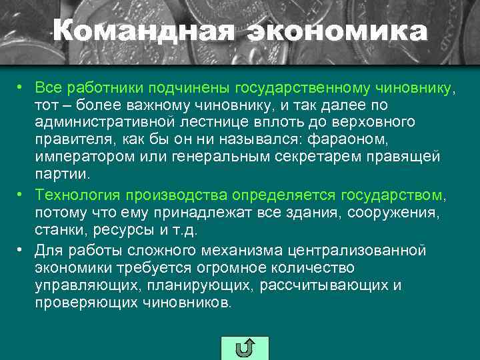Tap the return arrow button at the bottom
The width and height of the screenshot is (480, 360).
pyautogui.click(x=244, y=348)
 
